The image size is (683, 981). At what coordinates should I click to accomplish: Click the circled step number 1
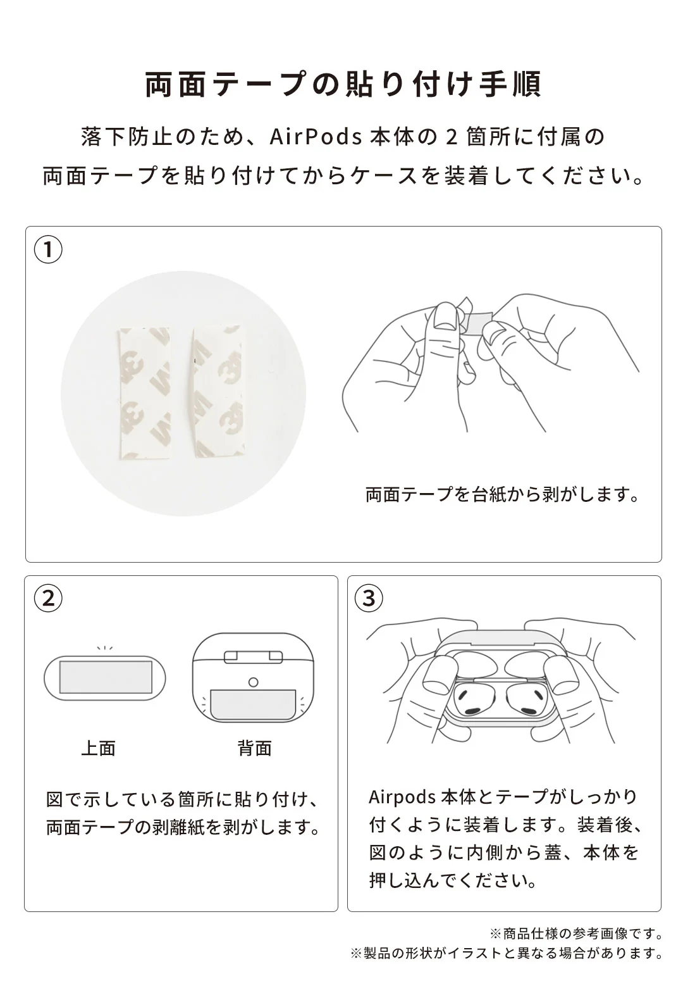pyautogui.click(x=48, y=250)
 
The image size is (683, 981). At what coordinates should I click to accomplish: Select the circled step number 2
pyautogui.click(x=48, y=598)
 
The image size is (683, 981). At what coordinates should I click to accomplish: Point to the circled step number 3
pyautogui.click(x=369, y=598)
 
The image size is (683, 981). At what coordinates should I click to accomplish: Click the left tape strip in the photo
pyautogui.click(x=145, y=392)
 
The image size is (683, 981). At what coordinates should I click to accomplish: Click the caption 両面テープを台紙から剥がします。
pyautogui.click(x=503, y=494)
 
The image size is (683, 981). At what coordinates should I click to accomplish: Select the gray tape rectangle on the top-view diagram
pyautogui.click(x=105, y=677)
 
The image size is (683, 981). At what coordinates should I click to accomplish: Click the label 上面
pyautogui.click(x=99, y=748)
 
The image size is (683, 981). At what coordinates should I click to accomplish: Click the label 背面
pyautogui.click(x=254, y=748)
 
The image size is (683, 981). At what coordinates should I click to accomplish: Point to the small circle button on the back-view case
pyautogui.click(x=254, y=682)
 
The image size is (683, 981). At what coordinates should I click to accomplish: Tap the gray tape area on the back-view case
pyautogui.click(x=253, y=704)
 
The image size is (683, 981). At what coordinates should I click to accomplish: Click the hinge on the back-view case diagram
pyautogui.click(x=254, y=656)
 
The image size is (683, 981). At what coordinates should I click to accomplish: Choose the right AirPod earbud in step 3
pyautogui.click(x=527, y=699)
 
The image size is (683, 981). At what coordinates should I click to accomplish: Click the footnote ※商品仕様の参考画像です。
pyautogui.click(x=576, y=934)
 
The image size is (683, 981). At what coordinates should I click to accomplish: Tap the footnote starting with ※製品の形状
pyautogui.click(x=507, y=953)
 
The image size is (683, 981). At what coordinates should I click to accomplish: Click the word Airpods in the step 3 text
pyautogui.click(x=402, y=797)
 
